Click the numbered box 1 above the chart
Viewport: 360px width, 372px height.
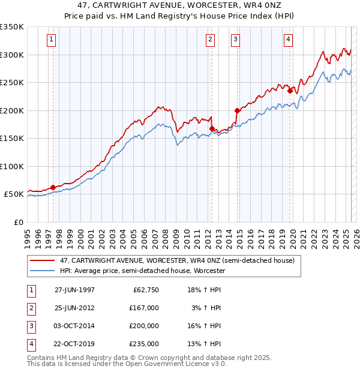[x=52, y=40]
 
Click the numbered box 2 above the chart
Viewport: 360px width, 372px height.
[x=211, y=40]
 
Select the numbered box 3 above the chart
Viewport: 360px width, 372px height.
[x=235, y=40]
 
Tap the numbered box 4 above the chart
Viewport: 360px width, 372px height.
[x=289, y=40]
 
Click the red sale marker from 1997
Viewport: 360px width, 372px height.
[x=53, y=187]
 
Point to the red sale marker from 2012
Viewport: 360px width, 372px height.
[x=212, y=129]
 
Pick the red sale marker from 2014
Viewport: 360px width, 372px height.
[x=237, y=110]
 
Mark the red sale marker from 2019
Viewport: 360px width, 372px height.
[x=290, y=91]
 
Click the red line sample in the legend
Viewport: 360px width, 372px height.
[x=43, y=261]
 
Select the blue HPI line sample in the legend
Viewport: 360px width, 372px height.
[x=43, y=271]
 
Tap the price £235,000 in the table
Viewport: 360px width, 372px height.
[x=144, y=344]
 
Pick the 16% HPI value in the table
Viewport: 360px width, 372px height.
[x=206, y=326]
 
